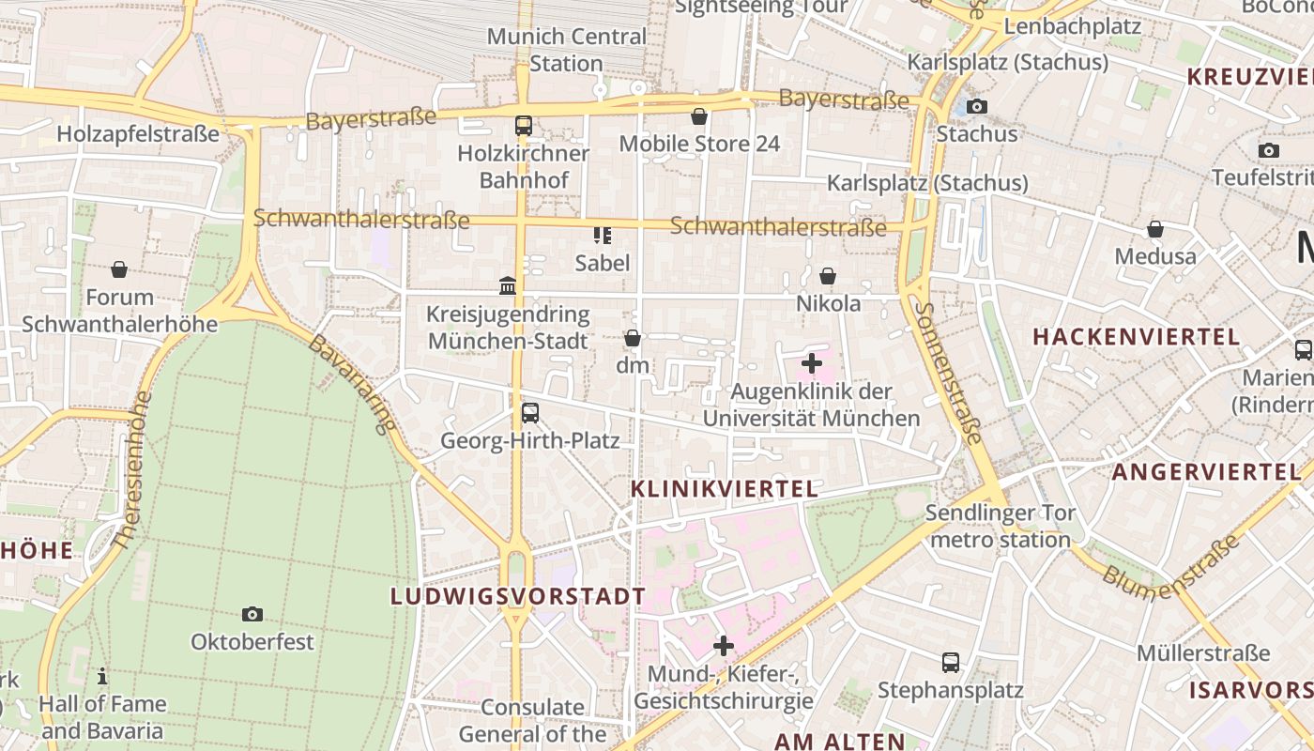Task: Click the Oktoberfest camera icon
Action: pos(252,614)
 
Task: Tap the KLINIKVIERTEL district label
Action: pos(724,488)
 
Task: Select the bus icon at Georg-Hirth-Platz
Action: pos(530,412)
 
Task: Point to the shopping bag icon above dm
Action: pos(633,338)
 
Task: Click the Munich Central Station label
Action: pos(567,50)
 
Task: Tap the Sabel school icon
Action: pos(602,235)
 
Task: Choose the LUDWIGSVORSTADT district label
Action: pos(518,596)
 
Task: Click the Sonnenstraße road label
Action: pos(949,373)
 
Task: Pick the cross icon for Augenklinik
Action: pos(812,363)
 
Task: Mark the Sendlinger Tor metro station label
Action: pos(1001,526)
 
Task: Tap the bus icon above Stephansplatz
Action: pos(950,663)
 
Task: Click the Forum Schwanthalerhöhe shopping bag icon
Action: pos(119,270)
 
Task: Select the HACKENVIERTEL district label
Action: pos(1137,336)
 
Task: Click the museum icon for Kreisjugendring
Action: pos(508,285)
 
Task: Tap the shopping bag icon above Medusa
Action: pos(1155,229)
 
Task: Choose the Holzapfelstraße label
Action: pos(138,133)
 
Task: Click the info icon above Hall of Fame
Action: pos(102,676)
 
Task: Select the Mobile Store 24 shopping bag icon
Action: pos(699,116)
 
